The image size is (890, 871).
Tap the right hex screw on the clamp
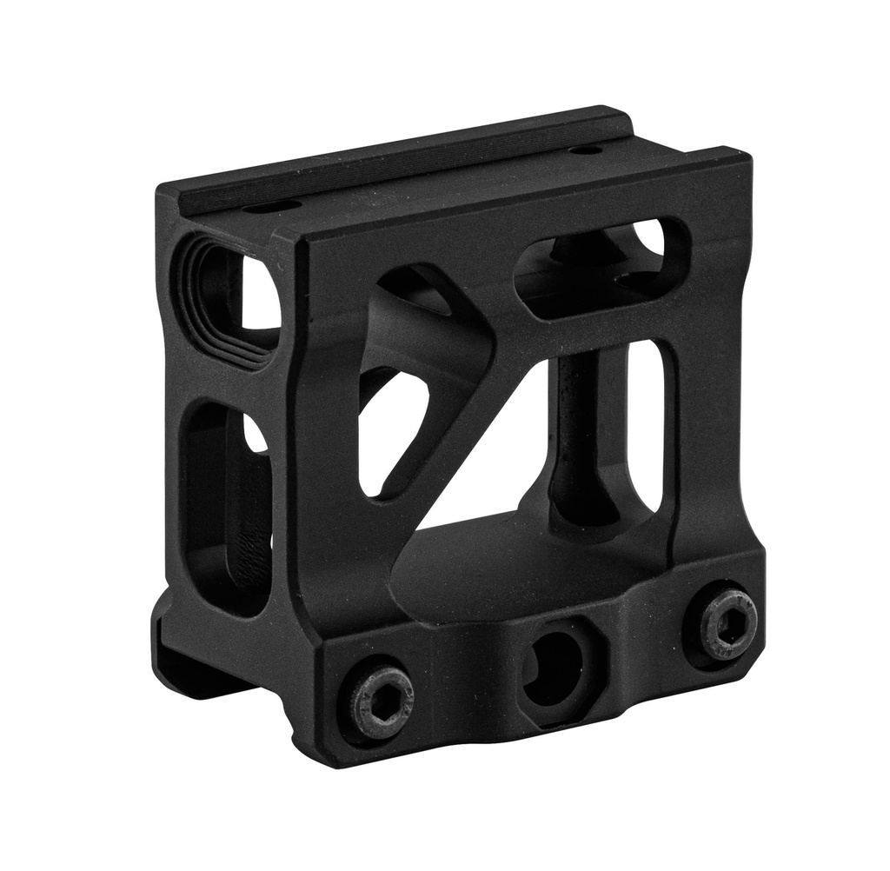click(728, 623)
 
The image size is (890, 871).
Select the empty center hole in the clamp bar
click(554, 666)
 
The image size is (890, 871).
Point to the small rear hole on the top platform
click(587, 150)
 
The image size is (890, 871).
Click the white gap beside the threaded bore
click(260, 296)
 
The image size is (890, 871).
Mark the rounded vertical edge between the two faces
click(296, 435)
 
